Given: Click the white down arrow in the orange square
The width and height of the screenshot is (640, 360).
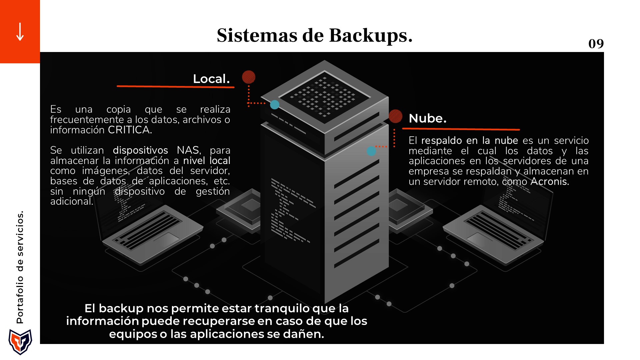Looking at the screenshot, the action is (x=20, y=32).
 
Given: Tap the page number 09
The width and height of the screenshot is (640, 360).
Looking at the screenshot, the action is (x=596, y=44).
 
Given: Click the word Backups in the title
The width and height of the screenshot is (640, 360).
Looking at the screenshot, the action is (x=371, y=35).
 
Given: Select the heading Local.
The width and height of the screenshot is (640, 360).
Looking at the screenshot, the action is (x=211, y=79).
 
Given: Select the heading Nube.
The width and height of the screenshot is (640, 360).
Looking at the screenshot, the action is (x=427, y=118).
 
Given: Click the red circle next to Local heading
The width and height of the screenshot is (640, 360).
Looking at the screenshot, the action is (x=249, y=77).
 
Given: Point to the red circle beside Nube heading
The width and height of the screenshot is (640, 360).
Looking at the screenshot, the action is (x=396, y=116).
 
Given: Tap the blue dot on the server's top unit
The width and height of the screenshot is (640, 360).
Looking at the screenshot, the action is (x=275, y=105).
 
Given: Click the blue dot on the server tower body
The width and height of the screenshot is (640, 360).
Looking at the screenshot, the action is (x=371, y=151).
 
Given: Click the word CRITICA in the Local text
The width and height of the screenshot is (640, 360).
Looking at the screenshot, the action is (x=130, y=130).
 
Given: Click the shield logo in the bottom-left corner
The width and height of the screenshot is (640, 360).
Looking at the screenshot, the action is (x=20, y=342).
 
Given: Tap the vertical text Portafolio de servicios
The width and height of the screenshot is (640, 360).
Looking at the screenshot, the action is (x=20, y=267).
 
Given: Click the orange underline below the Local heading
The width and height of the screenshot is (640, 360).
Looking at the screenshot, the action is (x=175, y=87).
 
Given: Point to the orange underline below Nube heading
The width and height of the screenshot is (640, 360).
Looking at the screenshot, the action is (x=461, y=129).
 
